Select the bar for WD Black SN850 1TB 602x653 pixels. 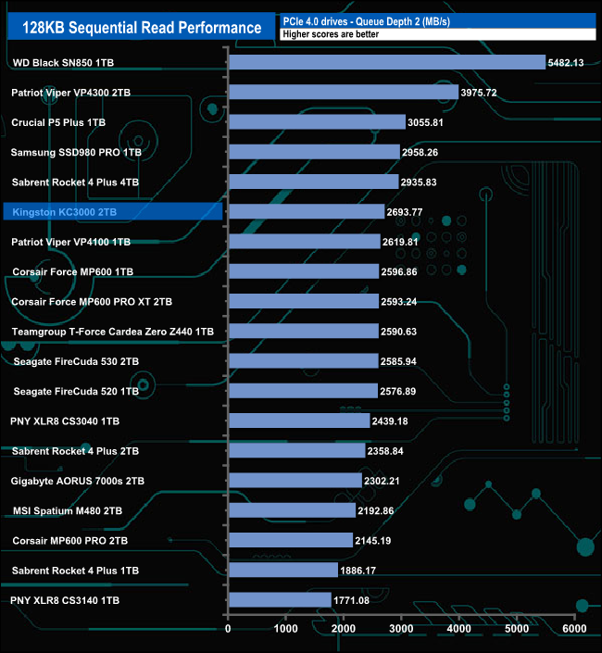tap(386, 63)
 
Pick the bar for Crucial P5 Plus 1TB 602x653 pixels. tap(317, 122)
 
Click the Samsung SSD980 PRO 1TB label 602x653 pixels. tap(76, 152)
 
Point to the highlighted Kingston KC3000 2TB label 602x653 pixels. tap(65, 212)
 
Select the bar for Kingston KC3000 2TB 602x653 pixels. tap(306, 212)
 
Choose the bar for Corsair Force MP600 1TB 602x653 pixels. tap(303, 271)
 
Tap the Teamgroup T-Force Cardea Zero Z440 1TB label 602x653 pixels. tap(113, 332)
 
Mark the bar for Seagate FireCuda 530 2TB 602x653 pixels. tap(303, 361)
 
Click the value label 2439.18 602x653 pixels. tap(395, 421)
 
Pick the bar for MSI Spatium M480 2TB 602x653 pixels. tap(292, 510)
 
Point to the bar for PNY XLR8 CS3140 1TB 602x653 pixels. tap(279, 600)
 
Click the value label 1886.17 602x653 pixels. tap(364, 571)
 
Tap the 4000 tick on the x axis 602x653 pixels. tap(458, 629)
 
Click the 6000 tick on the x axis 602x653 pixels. tap(573, 629)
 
